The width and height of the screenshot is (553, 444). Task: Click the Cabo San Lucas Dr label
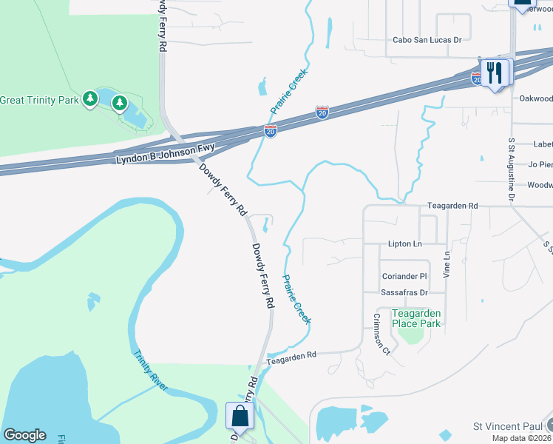point(427,41)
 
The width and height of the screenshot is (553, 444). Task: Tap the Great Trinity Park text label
point(38,100)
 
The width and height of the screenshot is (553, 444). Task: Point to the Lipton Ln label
point(404,243)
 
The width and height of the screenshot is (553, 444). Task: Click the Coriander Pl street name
point(404,276)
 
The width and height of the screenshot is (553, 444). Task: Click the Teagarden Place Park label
point(416,318)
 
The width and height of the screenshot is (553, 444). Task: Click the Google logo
point(24,435)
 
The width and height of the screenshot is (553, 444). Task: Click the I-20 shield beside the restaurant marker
point(476,77)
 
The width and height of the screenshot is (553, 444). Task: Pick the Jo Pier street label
point(540,164)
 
